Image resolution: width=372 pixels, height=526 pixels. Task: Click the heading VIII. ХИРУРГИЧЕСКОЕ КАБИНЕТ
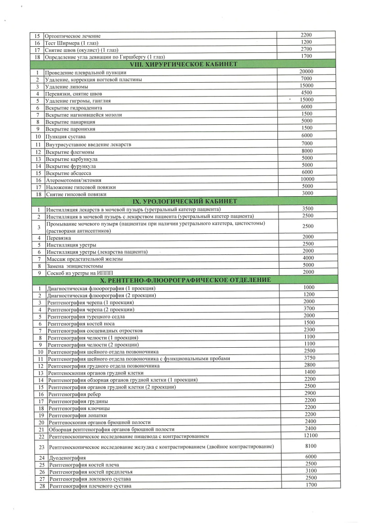(x=185, y=64)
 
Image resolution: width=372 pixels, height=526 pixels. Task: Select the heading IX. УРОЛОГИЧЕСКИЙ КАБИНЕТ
(x=185, y=201)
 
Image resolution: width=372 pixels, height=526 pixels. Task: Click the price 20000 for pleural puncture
(x=306, y=71)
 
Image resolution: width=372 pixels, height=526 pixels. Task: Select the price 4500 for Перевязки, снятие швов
(x=307, y=93)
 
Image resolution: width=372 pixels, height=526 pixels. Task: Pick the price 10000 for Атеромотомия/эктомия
(x=307, y=179)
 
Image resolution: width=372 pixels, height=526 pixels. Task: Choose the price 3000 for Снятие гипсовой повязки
(x=307, y=193)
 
